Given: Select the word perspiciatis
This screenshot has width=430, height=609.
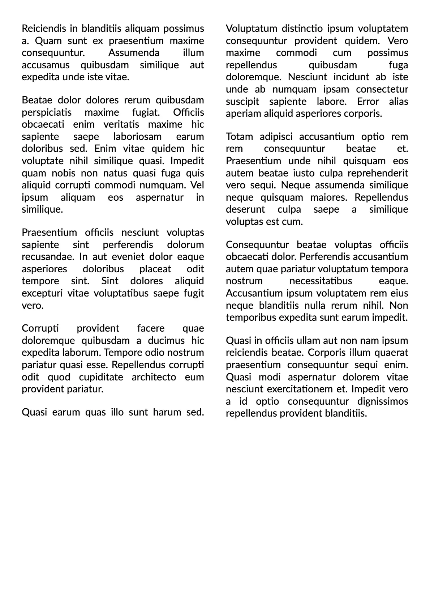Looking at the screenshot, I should pyautogui.click(x=47, y=112).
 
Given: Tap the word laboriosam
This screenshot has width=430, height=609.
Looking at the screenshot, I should pyautogui.click(x=137, y=137).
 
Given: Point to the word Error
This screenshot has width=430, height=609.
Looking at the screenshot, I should pyautogui.click(x=368, y=102).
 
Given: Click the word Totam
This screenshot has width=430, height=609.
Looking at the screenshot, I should pyautogui.click(x=239, y=137).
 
